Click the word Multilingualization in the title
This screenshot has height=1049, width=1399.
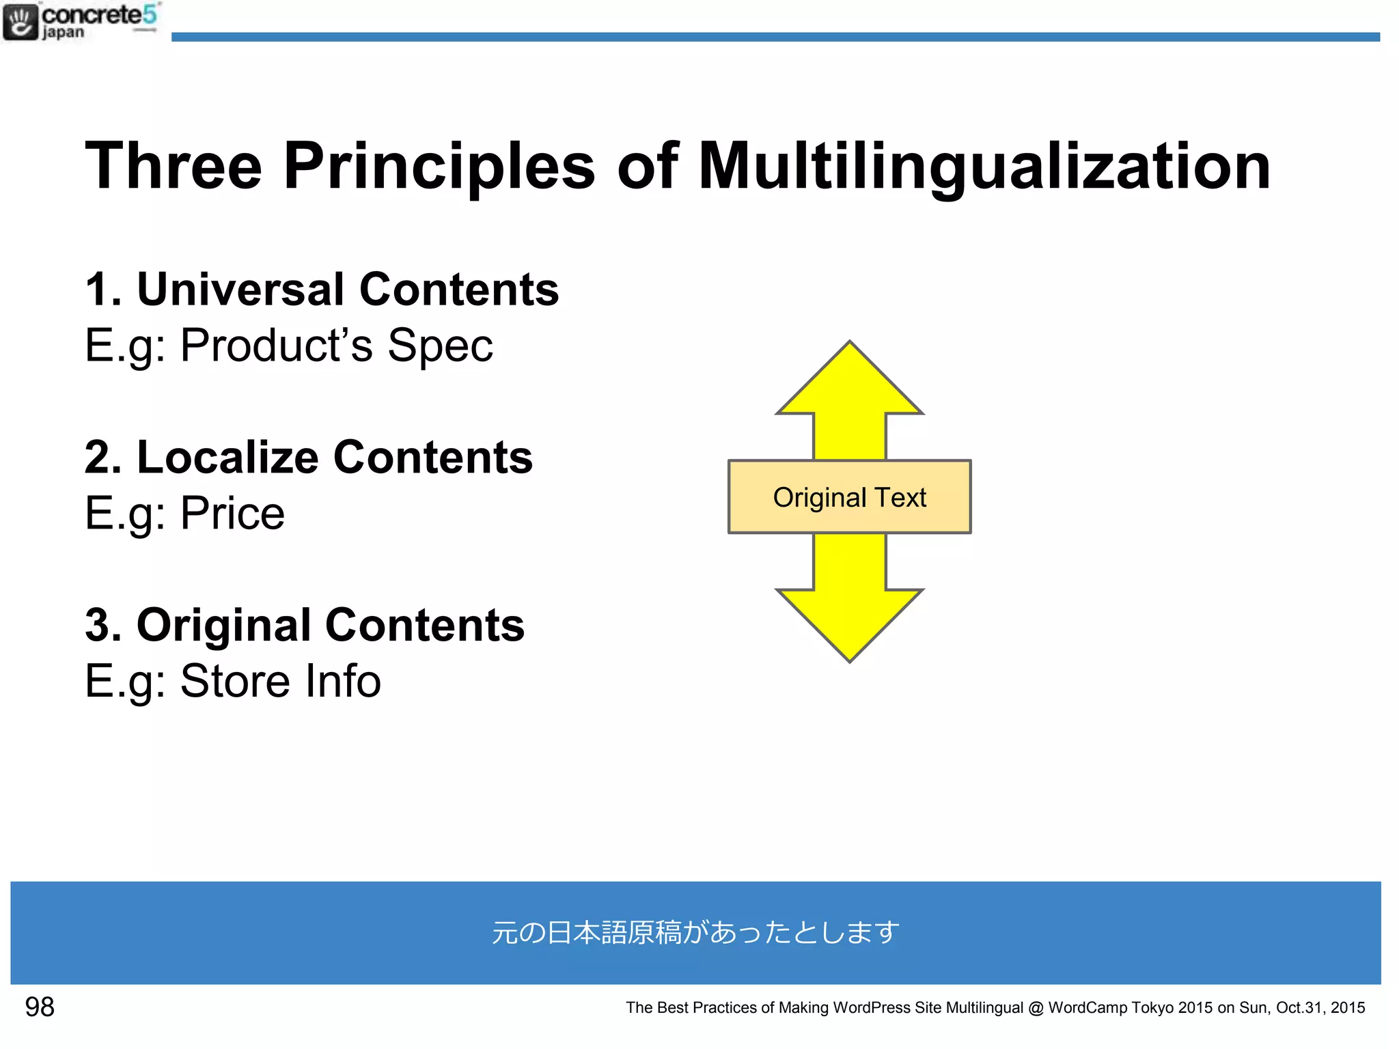[984, 167]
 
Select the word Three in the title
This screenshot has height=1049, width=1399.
[174, 166]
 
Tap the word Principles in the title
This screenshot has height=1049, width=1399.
[439, 167]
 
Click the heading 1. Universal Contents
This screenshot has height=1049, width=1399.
[322, 289]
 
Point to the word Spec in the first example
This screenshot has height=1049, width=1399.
[440, 346]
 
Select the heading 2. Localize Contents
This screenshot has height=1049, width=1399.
[308, 457]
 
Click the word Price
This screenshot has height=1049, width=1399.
[232, 514]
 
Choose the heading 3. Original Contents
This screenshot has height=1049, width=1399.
[305, 625]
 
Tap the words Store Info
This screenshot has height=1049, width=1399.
[280, 682]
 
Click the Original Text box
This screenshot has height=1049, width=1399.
[849, 497]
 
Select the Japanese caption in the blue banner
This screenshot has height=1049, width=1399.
[695, 932]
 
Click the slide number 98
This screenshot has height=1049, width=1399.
[40, 1007]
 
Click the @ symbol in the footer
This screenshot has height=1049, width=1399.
[1036, 1008]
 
